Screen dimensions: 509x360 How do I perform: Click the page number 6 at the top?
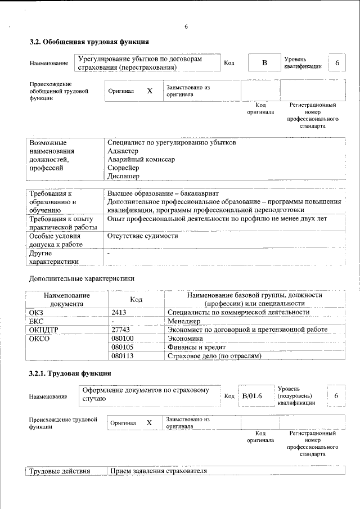(x=186, y=26)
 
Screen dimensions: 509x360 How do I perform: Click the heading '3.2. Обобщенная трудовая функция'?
(x=89, y=42)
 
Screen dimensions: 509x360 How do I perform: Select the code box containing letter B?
(x=264, y=62)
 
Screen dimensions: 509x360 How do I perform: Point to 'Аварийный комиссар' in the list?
(x=141, y=159)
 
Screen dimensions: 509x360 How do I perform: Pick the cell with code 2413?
(x=120, y=312)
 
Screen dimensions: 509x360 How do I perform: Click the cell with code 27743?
(x=121, y=330)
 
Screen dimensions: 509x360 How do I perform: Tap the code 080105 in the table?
(x=122, y=348)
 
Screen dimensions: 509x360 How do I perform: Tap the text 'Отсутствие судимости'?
(x=142, y=236)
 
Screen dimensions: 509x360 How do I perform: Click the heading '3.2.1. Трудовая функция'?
(x=70, y=373)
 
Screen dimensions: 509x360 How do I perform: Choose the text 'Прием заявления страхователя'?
(x=159, y=471)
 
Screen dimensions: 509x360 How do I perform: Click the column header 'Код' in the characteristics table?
(x=137, y=299)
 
